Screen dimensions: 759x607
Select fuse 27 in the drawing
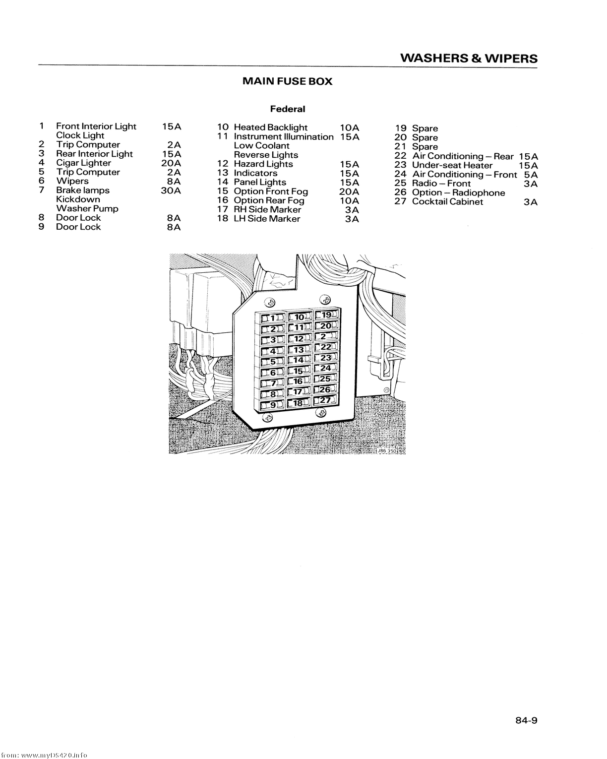tap(326, 400)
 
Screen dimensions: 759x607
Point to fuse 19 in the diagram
tap(326, 315)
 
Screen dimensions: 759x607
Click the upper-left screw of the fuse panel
tap(271, 302)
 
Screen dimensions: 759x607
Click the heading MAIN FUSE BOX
tap(287, 81)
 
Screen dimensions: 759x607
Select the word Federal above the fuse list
tap(288, 109)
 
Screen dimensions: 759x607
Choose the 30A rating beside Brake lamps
tap(171, 190)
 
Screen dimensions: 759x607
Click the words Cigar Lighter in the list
tap(83, 163)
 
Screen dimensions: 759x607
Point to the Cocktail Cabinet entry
tap(447, 202)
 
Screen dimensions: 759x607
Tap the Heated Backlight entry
tap(270, 127)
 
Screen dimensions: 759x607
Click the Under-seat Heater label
tap(452, 165)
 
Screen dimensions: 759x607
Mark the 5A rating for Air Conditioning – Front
tap(531, 175)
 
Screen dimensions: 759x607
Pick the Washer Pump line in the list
tap(87, 208)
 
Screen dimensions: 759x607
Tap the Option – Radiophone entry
tap(458, 193)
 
